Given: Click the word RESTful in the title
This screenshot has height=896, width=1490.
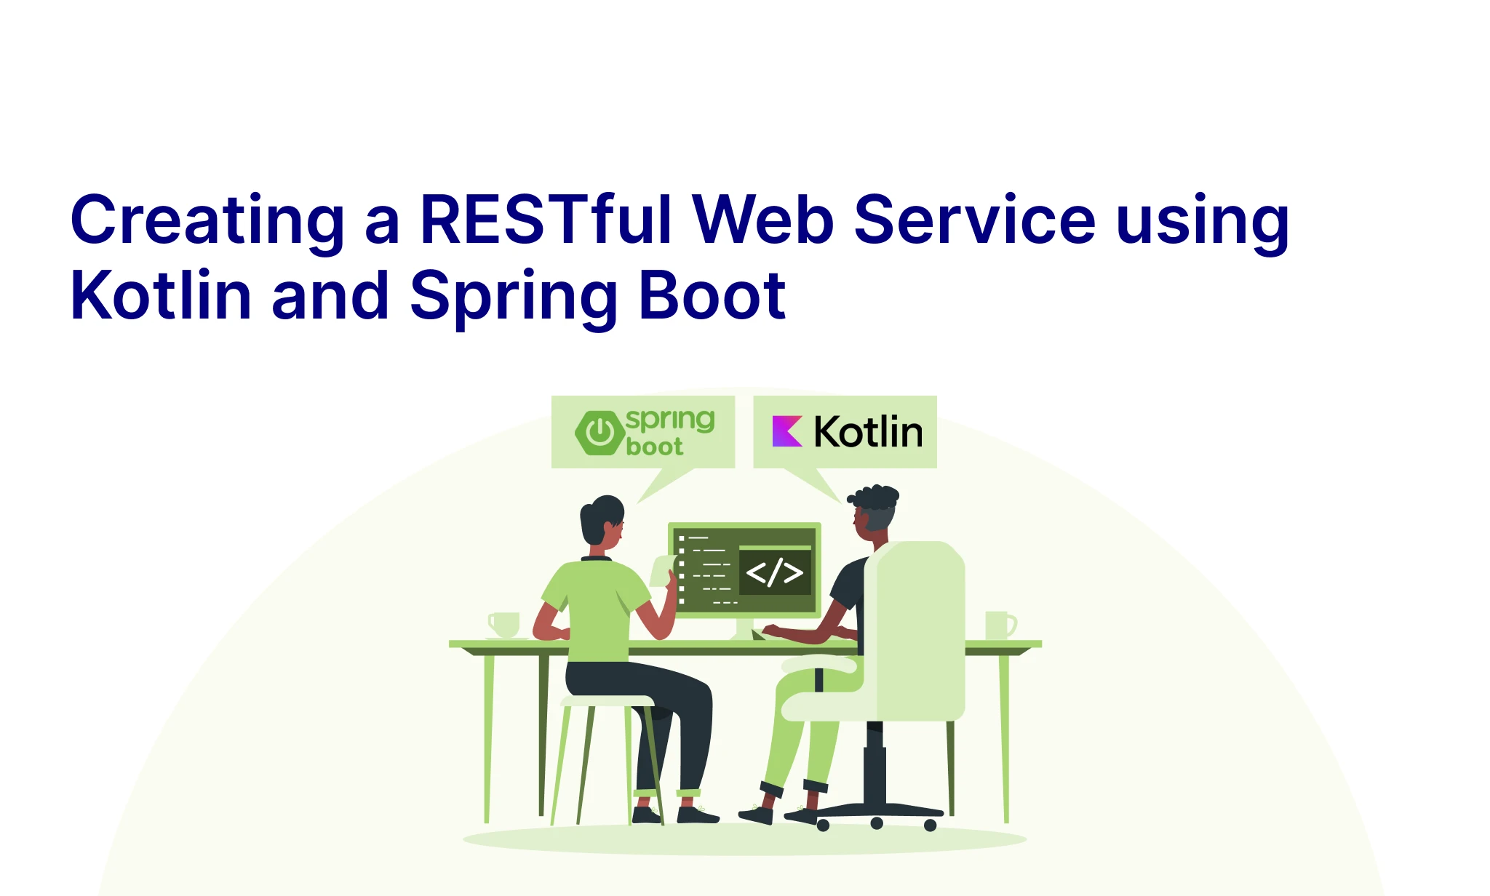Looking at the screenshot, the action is tap(546, 219).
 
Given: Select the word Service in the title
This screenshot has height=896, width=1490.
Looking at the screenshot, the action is tap(974, 219).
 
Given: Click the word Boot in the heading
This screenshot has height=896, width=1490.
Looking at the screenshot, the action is tap(712, 295).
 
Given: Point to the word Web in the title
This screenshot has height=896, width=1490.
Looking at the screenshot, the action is tap(763, 219).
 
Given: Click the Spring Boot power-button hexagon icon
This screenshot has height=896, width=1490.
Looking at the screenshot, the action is tap(600, 433).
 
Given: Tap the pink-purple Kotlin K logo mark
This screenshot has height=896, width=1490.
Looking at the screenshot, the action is tap(787, 431).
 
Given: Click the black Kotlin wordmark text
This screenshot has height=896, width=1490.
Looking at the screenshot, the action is tap(868, 431).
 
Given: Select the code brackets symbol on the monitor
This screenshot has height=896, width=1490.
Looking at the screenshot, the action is tap(775, 572).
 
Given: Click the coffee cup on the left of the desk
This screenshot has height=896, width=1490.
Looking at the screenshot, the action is tap(504, 625).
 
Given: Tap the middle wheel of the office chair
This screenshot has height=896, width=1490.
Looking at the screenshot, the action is tap(877, 823).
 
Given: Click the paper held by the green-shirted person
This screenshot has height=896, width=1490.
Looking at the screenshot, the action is tap(663, 571).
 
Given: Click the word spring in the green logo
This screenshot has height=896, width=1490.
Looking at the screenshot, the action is tap(670, 421).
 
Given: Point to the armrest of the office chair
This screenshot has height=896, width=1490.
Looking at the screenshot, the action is tap(819, 663).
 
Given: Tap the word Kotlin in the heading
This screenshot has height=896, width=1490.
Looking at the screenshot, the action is tap(161, 295).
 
